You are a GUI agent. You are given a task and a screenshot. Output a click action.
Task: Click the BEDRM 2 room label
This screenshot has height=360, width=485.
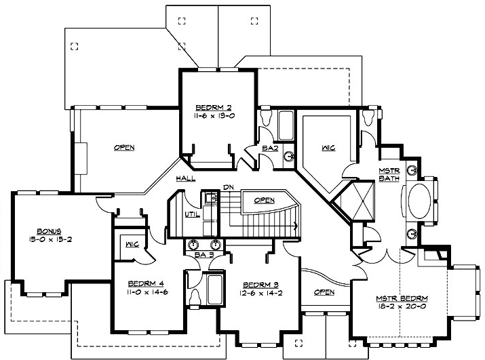tap(214, 107)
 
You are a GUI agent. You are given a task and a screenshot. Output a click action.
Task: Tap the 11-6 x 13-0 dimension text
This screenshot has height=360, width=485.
tap(214, 116)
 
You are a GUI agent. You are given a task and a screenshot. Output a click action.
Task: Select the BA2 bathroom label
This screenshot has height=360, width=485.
tap(270, 148)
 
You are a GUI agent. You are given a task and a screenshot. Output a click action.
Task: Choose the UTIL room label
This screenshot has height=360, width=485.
tap(192, 214)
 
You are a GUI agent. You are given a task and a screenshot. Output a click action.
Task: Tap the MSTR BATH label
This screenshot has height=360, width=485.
tap(389, 174)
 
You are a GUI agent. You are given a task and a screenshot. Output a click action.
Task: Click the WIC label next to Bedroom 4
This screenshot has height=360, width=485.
tap(132, 244)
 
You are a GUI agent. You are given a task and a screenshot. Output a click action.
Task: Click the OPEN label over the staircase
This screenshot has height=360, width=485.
tap(263, 201)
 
